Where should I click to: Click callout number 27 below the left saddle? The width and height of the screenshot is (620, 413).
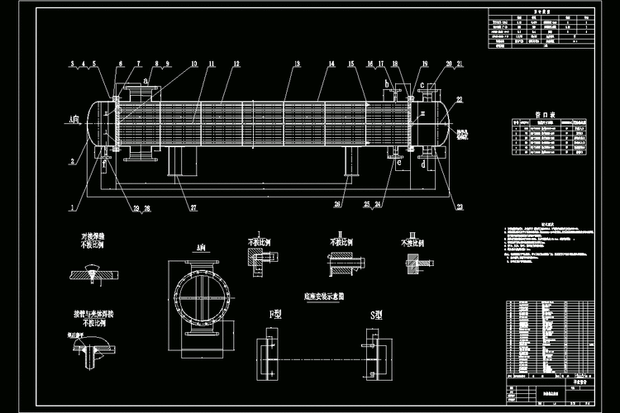tap(193, 207)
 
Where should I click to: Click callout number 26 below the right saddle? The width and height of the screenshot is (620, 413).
tap(338, 203)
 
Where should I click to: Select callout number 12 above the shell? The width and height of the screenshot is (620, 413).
tap(236, 64)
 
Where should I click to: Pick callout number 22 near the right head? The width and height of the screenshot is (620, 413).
tap(459, 100)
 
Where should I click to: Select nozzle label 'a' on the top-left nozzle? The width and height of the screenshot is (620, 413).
tap(146, 80)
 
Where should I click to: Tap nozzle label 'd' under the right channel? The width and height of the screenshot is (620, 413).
tap(422, 164)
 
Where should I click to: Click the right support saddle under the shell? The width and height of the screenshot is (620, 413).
tap(351, 162)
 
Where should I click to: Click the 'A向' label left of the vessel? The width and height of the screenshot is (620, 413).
tap(76, 121)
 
